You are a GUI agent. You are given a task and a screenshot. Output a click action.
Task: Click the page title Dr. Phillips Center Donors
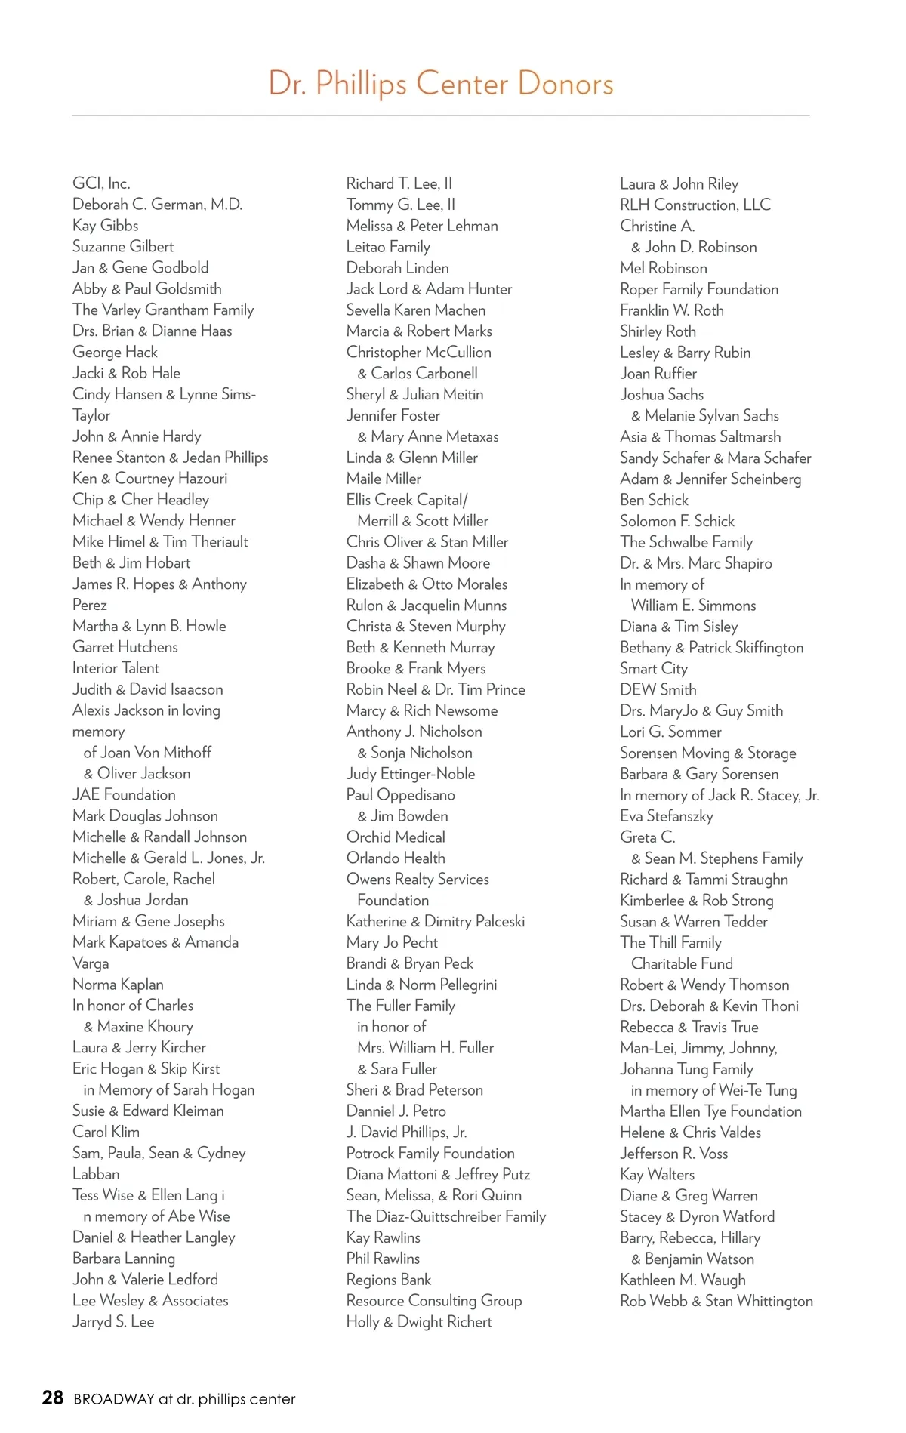[x=441, y=83]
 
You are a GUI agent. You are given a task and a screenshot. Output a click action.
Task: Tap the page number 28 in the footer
[x=52, y=1398]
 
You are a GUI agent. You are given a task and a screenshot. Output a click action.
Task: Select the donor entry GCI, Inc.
[x=101, y=183]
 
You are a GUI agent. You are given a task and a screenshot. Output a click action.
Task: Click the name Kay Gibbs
[x=105, y=226]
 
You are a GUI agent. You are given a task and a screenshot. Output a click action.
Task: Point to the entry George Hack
[x=115, y=352]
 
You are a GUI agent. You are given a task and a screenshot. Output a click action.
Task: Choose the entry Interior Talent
[x=116, y=668]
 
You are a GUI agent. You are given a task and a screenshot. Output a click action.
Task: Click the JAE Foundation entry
[x=124, y=794]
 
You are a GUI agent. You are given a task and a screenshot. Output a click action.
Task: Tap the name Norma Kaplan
[x=118, y=985]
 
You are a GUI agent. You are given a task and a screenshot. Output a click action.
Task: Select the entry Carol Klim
[x=106, y=1132]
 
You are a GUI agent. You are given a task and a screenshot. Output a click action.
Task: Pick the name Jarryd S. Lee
[x=113, y=1321]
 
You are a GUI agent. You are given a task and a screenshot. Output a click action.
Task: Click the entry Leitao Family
[x=388, y=247]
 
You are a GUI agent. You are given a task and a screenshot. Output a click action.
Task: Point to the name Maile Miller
[x=384, y=479]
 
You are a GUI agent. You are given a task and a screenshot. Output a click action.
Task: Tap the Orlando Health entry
[x=396, y=858]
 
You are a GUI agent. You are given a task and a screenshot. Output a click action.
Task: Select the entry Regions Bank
[x=389, y=1280]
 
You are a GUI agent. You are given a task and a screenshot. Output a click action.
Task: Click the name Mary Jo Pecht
[x=392, y=942]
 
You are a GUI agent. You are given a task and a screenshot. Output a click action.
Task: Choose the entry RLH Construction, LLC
[x=695, y=205]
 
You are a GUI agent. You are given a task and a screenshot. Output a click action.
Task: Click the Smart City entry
[x=654, y=668]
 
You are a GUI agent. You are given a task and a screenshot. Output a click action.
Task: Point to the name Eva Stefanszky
[x=667, y=815]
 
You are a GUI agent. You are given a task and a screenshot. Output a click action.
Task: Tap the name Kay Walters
[x=657, y=1174]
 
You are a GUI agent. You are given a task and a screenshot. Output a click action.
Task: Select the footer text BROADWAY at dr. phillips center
[x=184, y=1399]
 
